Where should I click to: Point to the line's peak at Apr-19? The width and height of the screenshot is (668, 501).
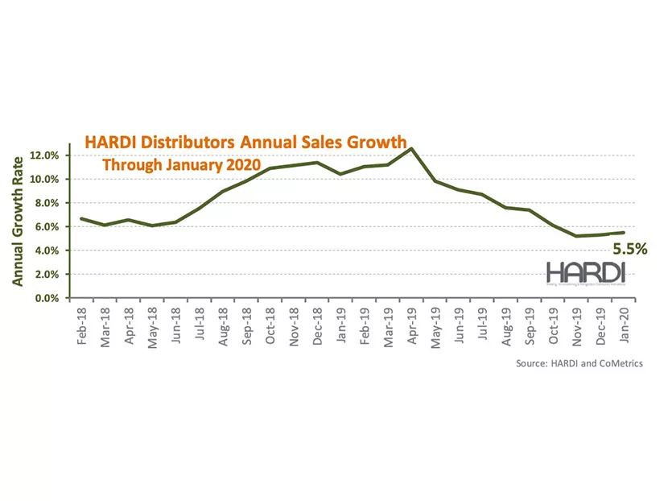click(x=412, y=148)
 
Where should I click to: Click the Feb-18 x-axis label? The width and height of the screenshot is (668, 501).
click(x=81, y=325)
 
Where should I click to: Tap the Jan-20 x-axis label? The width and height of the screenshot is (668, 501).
click(x=623, y=325)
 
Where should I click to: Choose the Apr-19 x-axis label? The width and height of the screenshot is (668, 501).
click(x=411, y=325)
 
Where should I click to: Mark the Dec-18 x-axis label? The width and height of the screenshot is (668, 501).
click(x=318, y=325)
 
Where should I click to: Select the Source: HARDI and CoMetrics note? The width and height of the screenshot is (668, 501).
click(x=579, y=363)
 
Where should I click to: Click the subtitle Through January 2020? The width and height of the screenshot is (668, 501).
click(x=182, y=164)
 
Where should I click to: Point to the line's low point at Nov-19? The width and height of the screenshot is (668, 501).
click(x=576, y=236)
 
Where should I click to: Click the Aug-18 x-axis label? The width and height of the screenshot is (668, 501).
click(x=223, y=325)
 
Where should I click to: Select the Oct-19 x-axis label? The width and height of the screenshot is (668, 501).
click(x=553, y=325)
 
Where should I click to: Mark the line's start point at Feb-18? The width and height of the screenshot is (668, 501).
click(x=80, y=219)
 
